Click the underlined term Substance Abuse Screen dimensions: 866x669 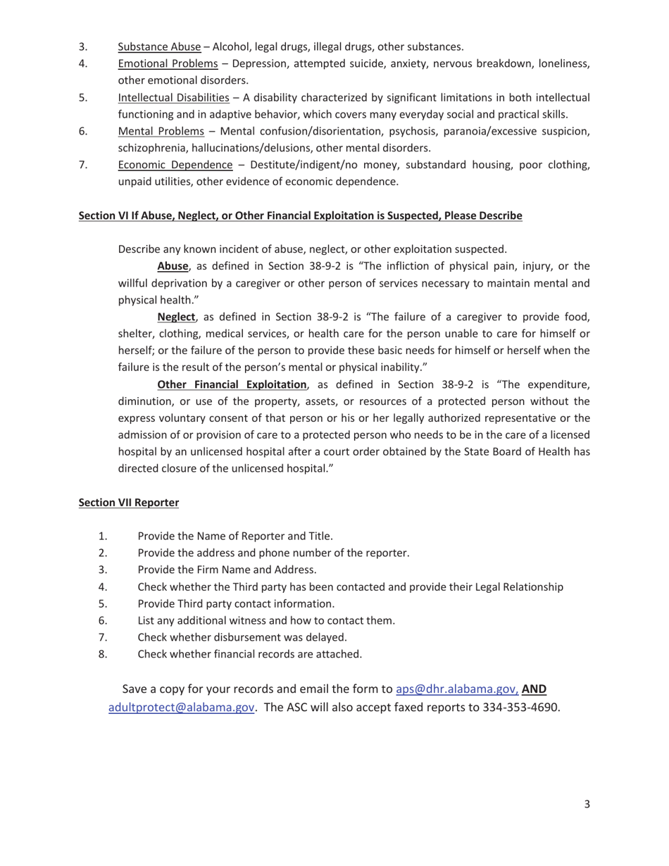click(159, 47)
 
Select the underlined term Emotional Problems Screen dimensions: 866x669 click(168, 64)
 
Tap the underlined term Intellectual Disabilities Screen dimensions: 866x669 click(173, 98)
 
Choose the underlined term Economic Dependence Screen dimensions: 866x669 click(175, 165)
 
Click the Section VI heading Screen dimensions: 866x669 click(300, 215)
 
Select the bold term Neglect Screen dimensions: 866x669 click(176, 317)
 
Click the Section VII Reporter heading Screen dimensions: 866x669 click(129, 503)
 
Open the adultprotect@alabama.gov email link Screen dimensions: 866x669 click(181, 708)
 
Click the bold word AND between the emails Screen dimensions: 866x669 click(534, 689)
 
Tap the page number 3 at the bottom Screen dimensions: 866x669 click(587, 804)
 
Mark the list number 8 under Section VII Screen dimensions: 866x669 click(103, 654)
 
